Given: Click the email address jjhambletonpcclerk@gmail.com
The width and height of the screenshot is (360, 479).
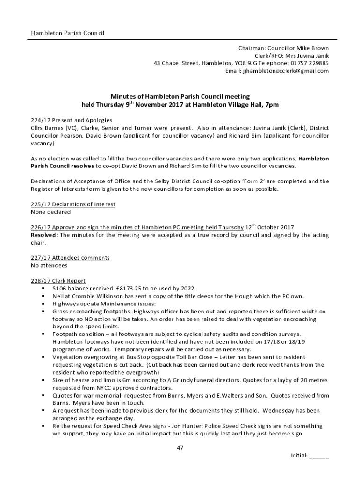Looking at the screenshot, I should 285,71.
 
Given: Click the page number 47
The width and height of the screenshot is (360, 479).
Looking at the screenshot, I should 180,448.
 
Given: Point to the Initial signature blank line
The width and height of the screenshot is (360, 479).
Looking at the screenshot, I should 319,456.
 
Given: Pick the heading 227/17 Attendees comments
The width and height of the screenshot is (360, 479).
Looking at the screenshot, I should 70,258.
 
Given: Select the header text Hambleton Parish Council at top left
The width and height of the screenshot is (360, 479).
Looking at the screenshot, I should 67,33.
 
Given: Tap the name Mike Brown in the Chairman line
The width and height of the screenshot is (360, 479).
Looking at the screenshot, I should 314,48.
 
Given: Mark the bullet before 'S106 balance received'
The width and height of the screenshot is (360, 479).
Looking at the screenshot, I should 43,288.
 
